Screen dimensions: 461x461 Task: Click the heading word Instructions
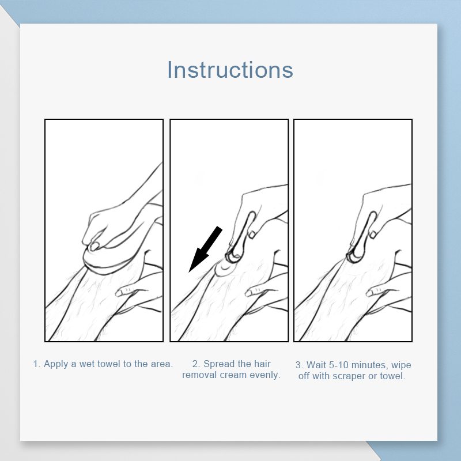pyautogui.click(x=230, y=70)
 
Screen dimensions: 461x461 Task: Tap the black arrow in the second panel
pyautogui.click(x=205, y=250)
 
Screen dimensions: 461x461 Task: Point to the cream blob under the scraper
pyautogui.click(x=224, y=268)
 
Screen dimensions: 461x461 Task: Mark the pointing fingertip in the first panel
pyautogui.click(x=120, y=293)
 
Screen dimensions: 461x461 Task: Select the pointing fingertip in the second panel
pyautogui.click(x=250, y=293)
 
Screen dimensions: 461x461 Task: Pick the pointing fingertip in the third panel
pyautogui.click(x=371, y=292)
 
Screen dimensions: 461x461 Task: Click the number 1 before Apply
pyautogui.click(x=36, y=364)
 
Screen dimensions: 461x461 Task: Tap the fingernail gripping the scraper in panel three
pyautogui.click(x=373, y=234)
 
